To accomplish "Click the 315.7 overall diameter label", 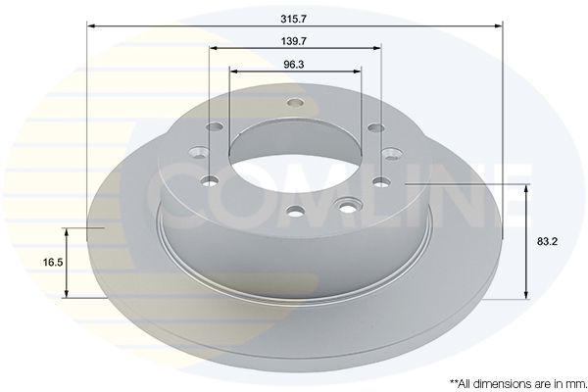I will coord(294,18).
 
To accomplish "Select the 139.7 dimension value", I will coord(295,42).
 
